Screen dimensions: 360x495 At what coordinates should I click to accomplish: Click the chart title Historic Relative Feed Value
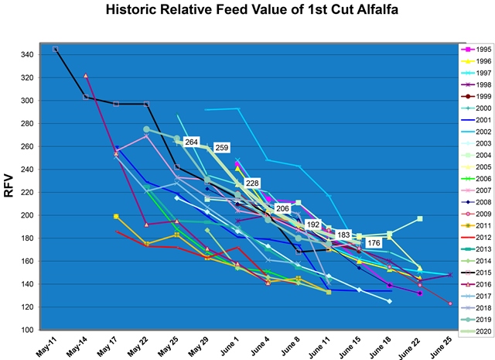(247, 12)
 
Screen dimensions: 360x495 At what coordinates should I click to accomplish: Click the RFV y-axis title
(11, 187)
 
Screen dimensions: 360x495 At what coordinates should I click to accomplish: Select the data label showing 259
(222, 147)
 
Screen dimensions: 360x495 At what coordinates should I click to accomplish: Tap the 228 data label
(252, 183)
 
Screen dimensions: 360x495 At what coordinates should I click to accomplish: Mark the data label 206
(283, 208)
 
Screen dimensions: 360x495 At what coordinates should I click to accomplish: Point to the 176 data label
(374, 243)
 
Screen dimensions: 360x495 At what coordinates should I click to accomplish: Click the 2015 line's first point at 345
(56, 49)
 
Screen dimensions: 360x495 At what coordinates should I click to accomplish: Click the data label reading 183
(343, 235)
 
